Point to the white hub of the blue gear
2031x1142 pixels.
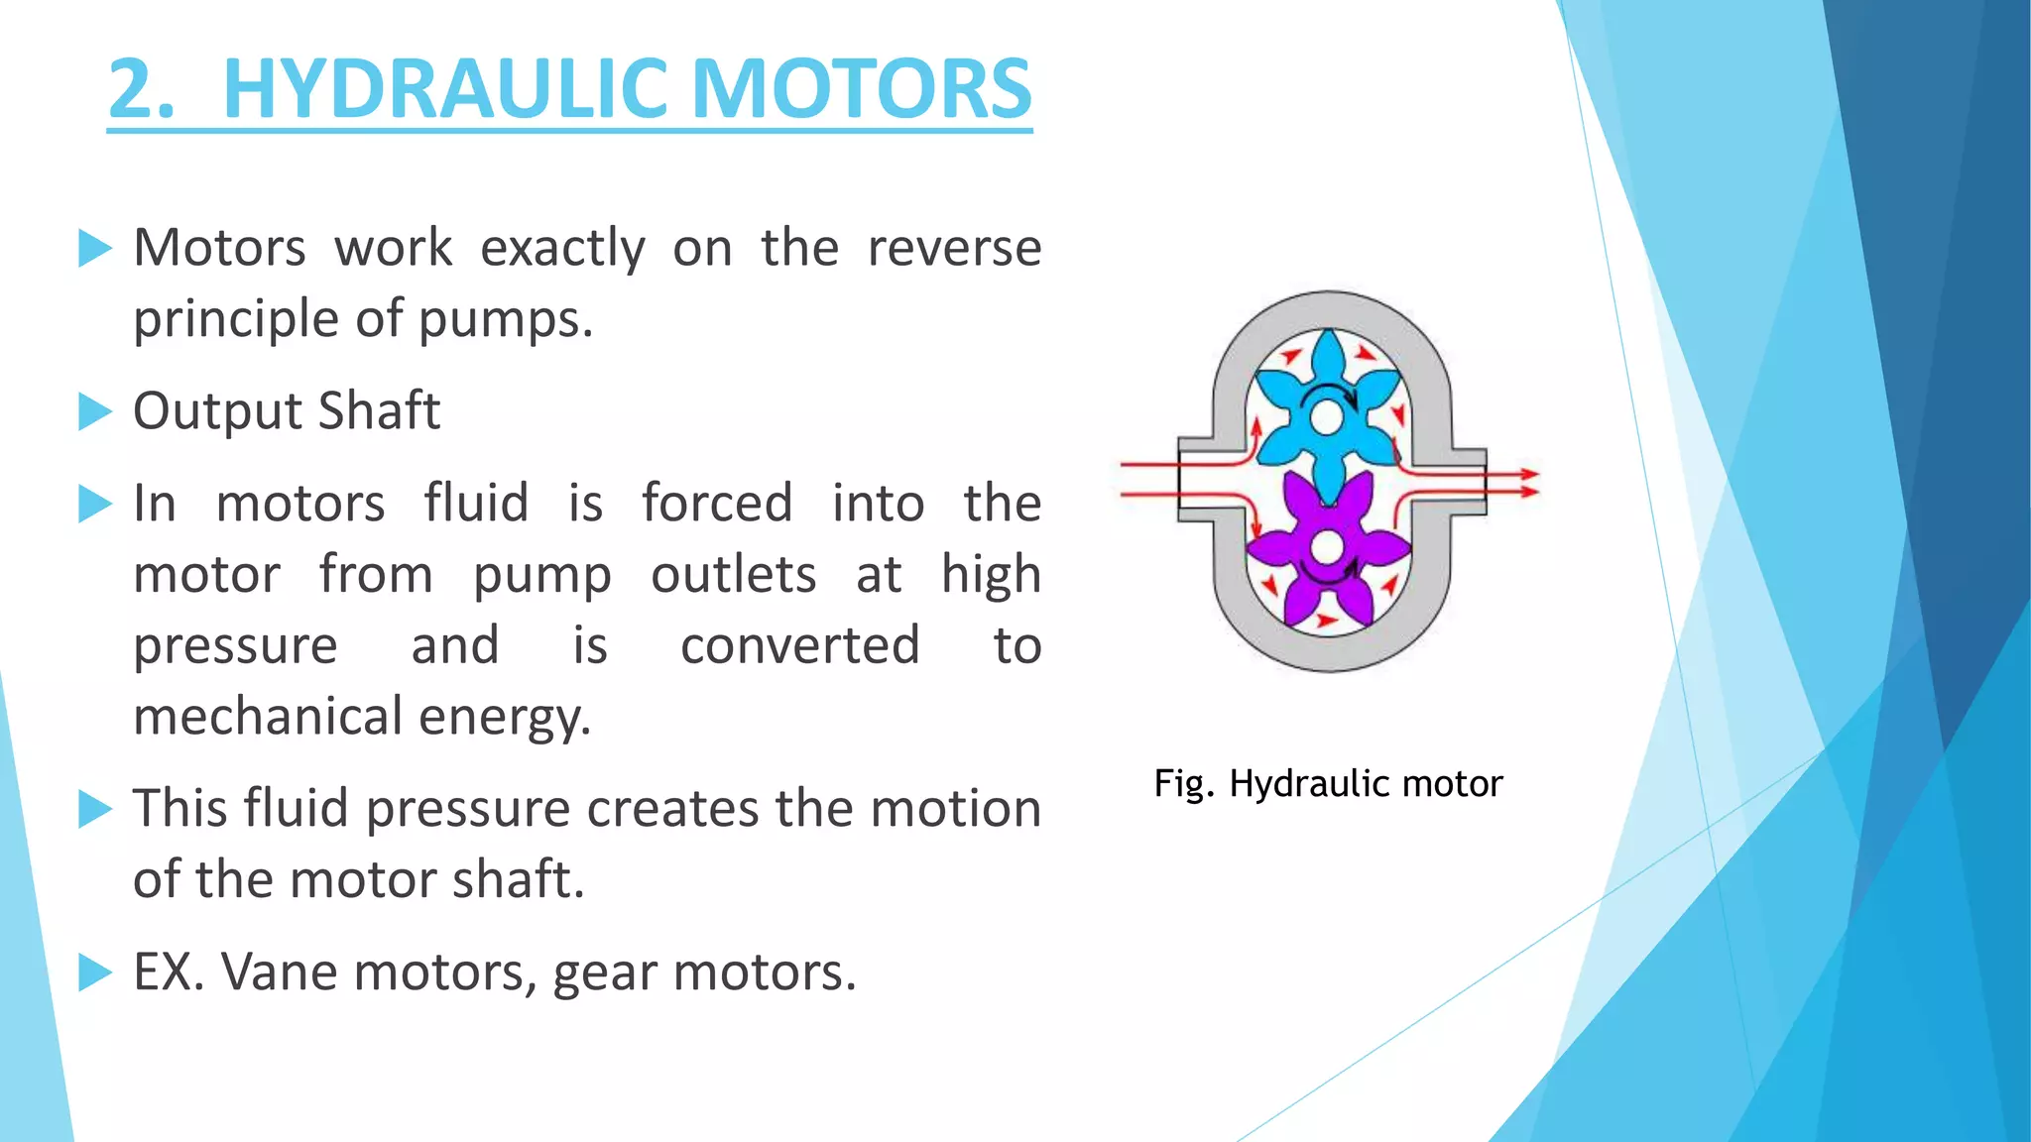click(1327, 417)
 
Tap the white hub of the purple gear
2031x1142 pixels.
click(1327, 546)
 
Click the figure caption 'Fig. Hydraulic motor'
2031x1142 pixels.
click(1328, 784)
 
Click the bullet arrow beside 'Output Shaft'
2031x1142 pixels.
click(95, 411)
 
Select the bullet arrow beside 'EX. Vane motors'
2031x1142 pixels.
click(95, 972)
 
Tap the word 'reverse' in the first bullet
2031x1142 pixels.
click(954, 248)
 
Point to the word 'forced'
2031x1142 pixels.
click(716, 503)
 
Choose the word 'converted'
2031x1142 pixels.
click(800, 645)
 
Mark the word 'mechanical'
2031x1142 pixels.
click(268, 717)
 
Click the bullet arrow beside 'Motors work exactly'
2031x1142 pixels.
click(95, 249)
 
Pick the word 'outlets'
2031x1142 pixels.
click(734, 575)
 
